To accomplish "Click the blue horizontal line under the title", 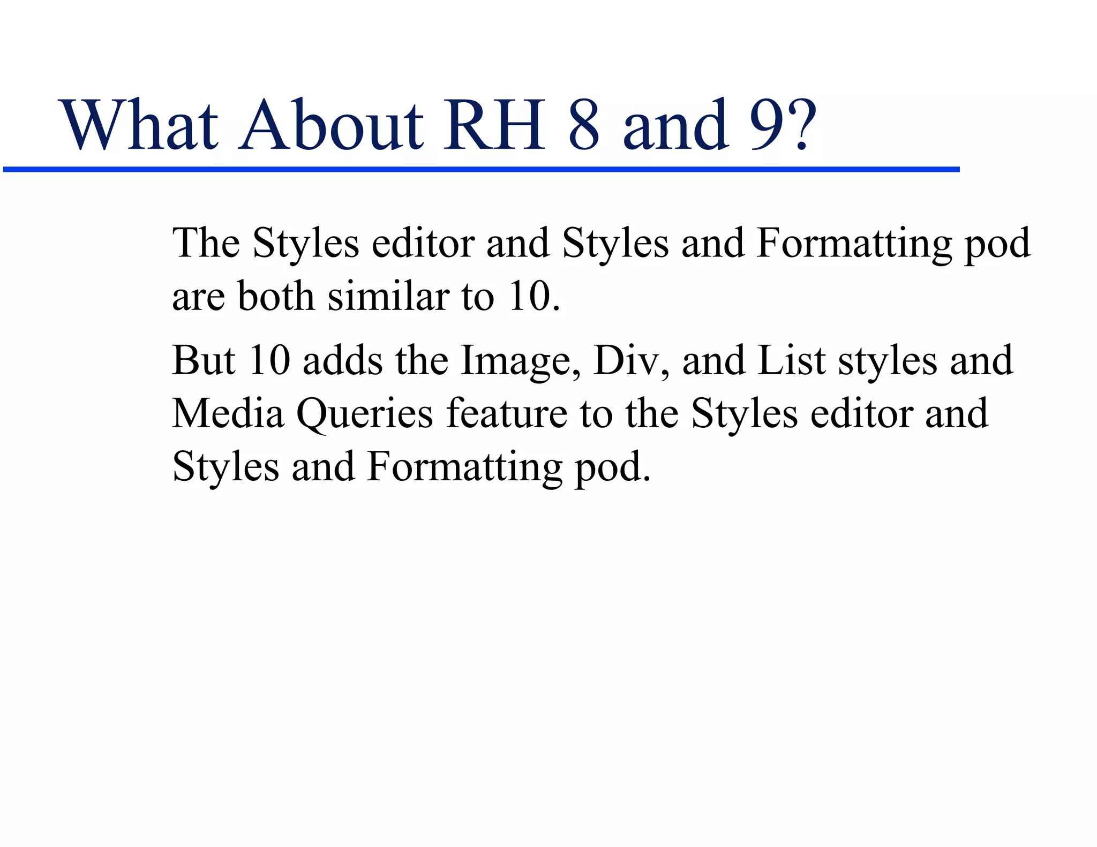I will point(481,170).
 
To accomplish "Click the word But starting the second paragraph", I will point(204,360).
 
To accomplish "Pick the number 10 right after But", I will point(269,360).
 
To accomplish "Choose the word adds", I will point(343,360).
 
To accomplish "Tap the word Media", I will point(228,413).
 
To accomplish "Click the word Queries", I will point(365,414).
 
